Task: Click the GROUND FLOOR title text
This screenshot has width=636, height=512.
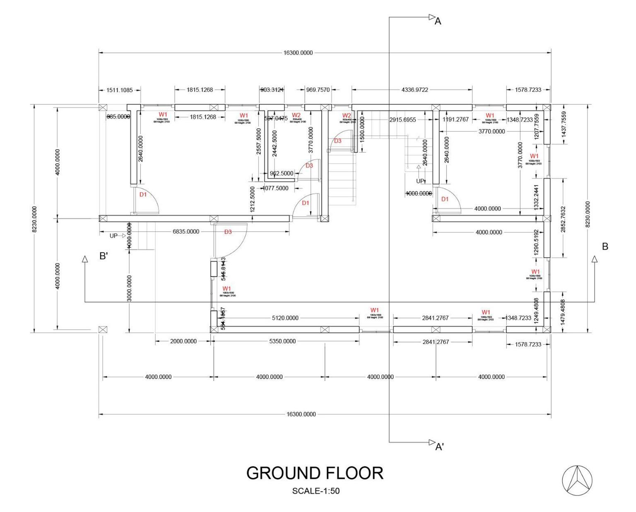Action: pos(315,473)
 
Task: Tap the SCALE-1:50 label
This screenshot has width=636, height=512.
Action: pos(316,491)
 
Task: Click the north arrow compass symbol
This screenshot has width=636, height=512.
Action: pos(577,481)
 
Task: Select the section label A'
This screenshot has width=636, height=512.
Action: pos(440,447)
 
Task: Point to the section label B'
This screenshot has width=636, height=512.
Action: pos(104,256)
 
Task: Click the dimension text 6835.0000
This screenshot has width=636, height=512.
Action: pos(186,232)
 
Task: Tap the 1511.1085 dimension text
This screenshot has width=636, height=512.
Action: pos(120,90)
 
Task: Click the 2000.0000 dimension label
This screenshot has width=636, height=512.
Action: pos(183,341)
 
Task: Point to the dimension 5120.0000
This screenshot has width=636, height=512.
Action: pos(285,318)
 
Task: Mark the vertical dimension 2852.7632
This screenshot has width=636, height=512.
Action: pos(563,218)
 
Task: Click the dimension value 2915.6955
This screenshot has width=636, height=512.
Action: pos(402,119)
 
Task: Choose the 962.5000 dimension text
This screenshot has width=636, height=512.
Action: pos(282,174)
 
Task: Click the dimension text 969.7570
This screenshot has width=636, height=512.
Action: pos(318,89)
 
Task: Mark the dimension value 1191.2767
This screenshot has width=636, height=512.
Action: pos(455,119)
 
